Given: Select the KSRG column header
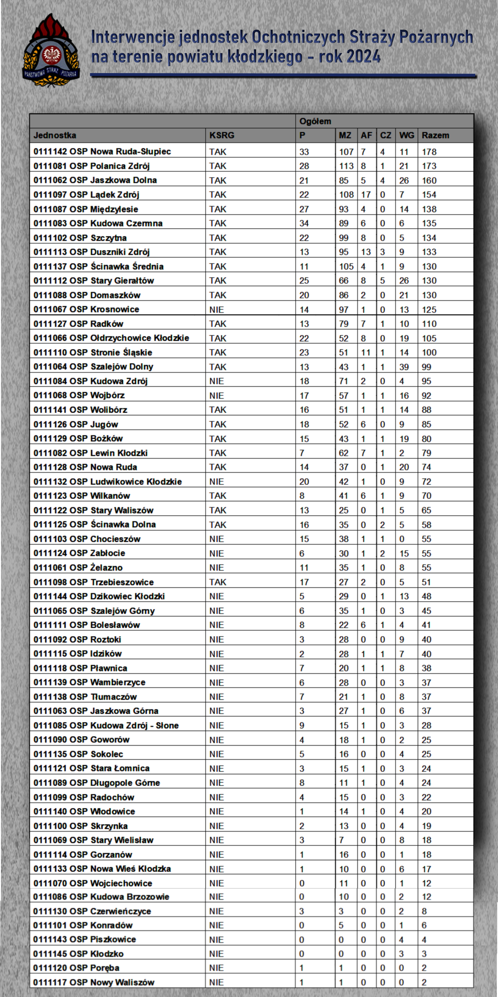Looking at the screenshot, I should coord(222,136).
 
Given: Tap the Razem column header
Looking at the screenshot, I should coord(435,136).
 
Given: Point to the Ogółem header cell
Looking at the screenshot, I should coord(315,121).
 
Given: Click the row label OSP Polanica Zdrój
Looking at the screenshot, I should coord(92,166).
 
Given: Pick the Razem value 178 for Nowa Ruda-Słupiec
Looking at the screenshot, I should coord(429,152).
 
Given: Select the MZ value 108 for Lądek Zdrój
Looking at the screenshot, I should coord(346,195).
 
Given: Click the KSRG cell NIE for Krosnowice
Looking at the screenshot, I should coord(216,310).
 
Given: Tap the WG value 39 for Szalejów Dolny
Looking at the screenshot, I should coord(404,367).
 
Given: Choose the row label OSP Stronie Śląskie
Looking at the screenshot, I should coord(93,353).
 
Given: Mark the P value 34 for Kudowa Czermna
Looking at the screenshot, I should coord(304,223).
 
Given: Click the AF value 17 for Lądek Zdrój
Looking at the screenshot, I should coord(366,195).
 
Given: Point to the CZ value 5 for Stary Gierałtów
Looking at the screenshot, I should coord(382,280).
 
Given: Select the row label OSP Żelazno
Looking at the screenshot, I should coord(78,568).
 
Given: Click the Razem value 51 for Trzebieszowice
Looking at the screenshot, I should coord(427,582).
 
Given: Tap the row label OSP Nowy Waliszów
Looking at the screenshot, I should coord(94,982).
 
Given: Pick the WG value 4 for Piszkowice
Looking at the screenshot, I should coord(401,940).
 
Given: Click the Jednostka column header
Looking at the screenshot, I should coord(55,136).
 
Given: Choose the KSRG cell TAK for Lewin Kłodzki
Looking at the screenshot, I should coord(218,453).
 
